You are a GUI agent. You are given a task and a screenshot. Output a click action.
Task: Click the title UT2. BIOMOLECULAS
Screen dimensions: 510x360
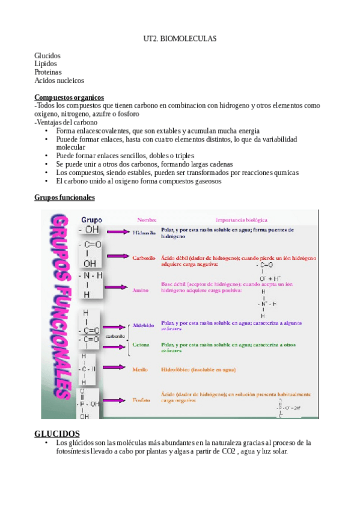[x=180, y=38]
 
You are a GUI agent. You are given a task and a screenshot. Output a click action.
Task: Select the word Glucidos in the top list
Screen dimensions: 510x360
[x=47, y=56]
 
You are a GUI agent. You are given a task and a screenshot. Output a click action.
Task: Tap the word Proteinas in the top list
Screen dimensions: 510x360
[x=48, y=72]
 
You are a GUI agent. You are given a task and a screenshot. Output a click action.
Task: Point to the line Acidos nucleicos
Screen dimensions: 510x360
[x=59, y=80]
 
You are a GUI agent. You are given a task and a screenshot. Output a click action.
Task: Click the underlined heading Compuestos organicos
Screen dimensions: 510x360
[x=69, y=97]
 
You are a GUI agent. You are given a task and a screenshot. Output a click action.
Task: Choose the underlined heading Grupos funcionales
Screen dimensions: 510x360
[x=64, y=197]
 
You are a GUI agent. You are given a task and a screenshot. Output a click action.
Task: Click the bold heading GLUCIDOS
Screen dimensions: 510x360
[x=57, y=434]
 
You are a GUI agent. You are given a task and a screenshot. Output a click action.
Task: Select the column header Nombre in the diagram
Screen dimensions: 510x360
[x=147, y=220]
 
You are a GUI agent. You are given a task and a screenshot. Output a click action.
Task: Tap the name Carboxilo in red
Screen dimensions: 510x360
[x=144, y=257]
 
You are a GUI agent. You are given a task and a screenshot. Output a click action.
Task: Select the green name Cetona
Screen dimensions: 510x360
[x=142, y=345]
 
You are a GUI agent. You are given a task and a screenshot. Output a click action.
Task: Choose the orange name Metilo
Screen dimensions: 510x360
[x=140, y=369]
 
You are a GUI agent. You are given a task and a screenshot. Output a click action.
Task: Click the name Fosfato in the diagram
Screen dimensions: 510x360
[x=142, y=399]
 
